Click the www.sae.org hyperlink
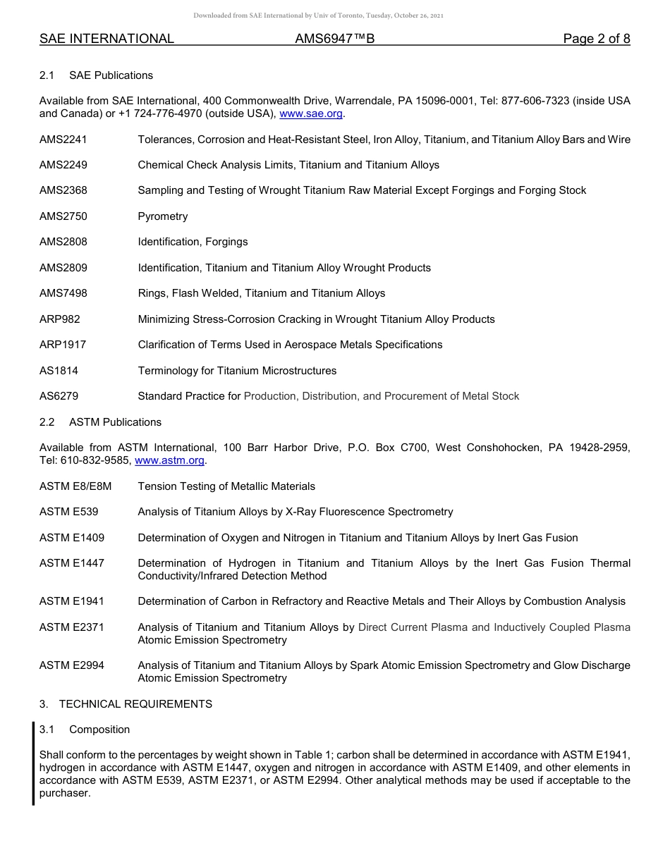pos(311,113)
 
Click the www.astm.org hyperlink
pos(169,460)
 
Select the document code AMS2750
pos(63,216)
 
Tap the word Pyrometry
pos(163,216)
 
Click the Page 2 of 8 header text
pos(596,39)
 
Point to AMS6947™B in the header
pos(334,39)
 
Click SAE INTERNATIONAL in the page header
pos(106,39)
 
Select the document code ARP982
pos(60,319)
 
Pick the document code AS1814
pos(59,371)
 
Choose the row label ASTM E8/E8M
pos(75,486)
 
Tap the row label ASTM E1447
pos(72,563)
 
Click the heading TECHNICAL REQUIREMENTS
pos(135,704)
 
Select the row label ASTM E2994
pos(72,665)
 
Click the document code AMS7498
pos(63,293)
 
